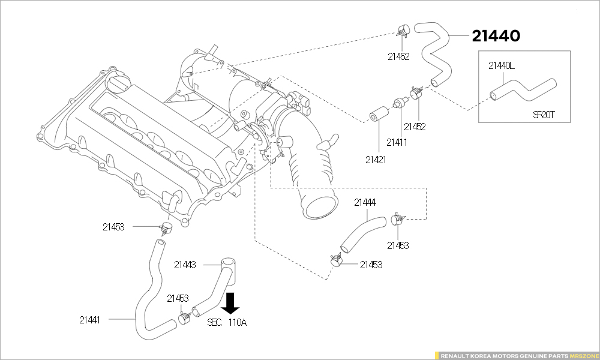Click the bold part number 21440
[x=496, y=36]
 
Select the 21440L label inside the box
[x=501, y=65]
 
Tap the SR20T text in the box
[x=544, y=115]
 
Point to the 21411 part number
[x=397, y=142]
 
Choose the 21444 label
[x=365, y=203]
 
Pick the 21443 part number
[x=185, y=265]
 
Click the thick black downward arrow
[x=232, y=304]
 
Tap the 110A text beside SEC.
[x=237, y=322]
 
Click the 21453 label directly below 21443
[x=178, y=298]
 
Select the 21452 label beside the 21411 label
[x=415, y=127]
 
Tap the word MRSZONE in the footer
[x=583, y=355]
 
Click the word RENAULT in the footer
[x=455, y=355]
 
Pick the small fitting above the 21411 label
[x=397, y=104]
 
